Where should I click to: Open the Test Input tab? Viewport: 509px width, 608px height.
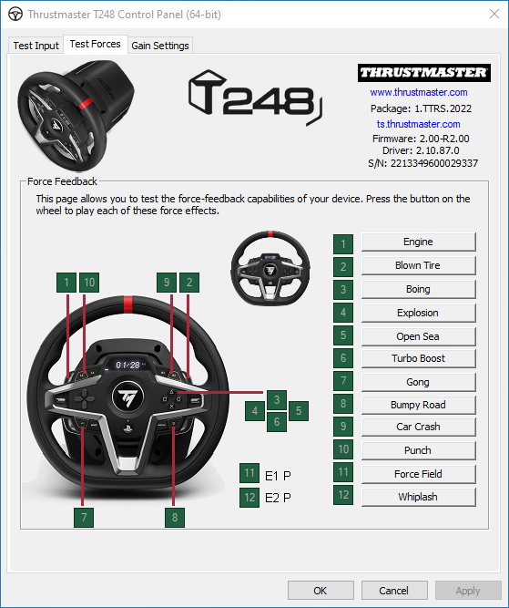pyautogui.click(x=36, y=46)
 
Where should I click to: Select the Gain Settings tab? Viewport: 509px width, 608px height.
pyautogui.click(x=160, y=46)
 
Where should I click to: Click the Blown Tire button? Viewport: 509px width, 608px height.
pyautogui.click(x=418, y=265)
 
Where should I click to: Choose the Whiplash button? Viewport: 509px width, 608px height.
pyautogui.click(x=418, y=497)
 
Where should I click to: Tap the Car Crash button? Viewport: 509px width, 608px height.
pyautogui.click(x=418, y=427)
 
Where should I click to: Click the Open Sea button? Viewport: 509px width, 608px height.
pyautogui.click(x=418, y=336)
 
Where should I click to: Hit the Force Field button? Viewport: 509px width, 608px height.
pyautogui.click(x=418, y=474)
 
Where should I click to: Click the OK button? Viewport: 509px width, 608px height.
pyautogui.click(x=321, y=591)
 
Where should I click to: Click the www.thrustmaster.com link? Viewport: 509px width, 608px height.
pyautogui.click(x=419, y=92)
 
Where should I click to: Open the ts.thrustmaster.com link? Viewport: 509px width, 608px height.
pyautogui.click(x=419, y=124)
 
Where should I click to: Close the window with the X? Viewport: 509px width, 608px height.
pyautogui.click(x=494, y=15)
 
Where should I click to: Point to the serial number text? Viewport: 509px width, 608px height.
pyautogui.click(x=423, y=163)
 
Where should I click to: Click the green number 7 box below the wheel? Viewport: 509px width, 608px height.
pyautogui.click(x=84, y=517)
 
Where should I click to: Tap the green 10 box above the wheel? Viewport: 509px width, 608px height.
pyautogui.click(x=89, y=283)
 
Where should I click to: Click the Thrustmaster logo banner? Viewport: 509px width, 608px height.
pyautogui.click(x=424, y=73)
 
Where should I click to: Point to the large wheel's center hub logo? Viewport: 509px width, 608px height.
pyautogui.click(x=127, y=397)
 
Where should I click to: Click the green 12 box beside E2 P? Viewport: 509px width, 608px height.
pyautogui.click(x=249, y=497)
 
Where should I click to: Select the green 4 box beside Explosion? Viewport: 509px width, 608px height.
pyautogui.click(x=343, y=313)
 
